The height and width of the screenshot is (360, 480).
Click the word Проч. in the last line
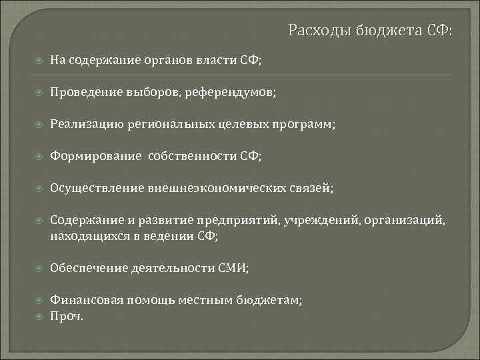click(67, 316)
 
